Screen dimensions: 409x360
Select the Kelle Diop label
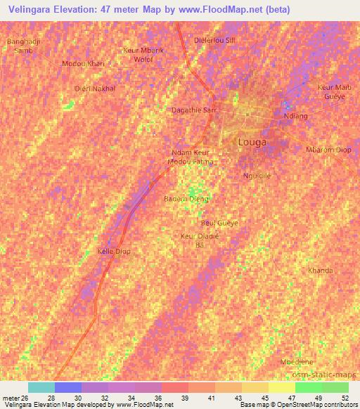114,251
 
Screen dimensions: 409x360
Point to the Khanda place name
320,271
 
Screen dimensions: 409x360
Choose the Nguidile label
257,176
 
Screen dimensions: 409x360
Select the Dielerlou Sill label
214,40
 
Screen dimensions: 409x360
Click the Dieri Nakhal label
94,89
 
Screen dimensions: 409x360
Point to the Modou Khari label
83,63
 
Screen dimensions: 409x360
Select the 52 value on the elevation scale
345,397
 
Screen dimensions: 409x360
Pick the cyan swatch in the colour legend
41,387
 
